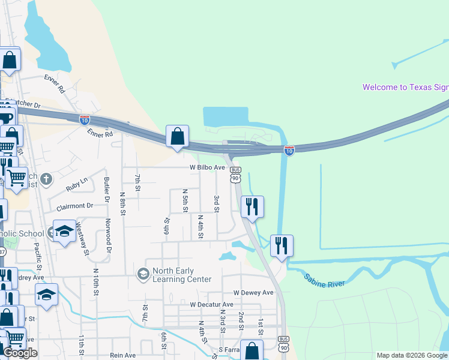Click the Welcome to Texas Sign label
tap(405, 87)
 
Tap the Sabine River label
tap(324, 280)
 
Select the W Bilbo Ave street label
tap(208, 167)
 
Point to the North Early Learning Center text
tap(182, 275)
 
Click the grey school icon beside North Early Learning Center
tap(143, 274)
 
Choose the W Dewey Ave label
tap(253, 293)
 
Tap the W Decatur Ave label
tap(211, 305)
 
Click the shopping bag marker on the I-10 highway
tap(178, 136)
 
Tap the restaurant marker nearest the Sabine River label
tap(281, 245)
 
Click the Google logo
tap(20, 353)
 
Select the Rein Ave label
tap(123, 355)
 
